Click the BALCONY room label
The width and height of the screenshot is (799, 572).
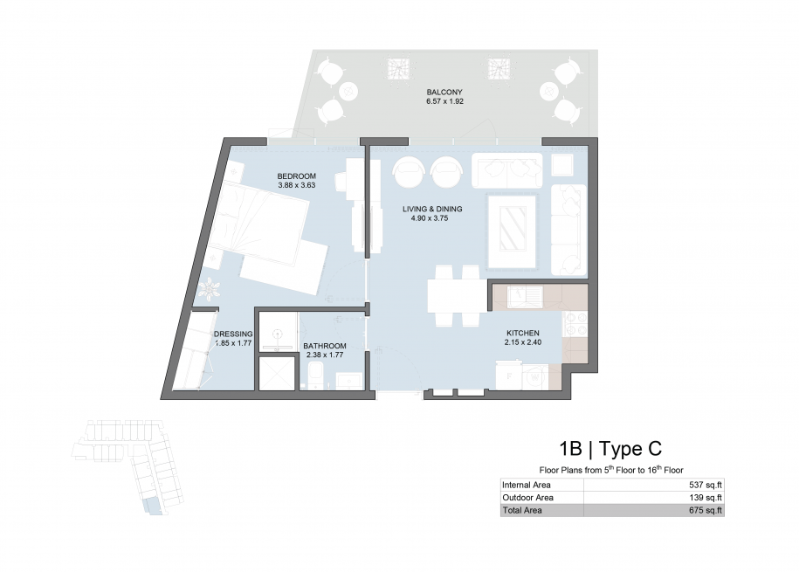pyautogui.click(x=444, y=93)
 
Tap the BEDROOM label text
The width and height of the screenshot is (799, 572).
pyautogui.click(x=297, y=176)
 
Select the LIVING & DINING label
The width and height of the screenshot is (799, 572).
pyautogui.click(x=432, y=209)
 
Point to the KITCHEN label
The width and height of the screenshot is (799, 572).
pyautogui.click(x=523, y=333)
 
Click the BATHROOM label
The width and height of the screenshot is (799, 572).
pyautogui.click(x=325, y=346)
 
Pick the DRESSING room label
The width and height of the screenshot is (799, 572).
pyautogui.click(x=233, y=334)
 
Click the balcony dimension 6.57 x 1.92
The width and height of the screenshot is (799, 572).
pyautogui.click(x=444, y=101)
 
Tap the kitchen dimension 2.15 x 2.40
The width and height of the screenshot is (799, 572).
pyautogui.click(x=523, y=342)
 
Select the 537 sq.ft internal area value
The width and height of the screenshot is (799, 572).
pyautogui.click(x=706, y=486)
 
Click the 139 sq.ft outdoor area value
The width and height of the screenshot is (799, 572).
pyautogui.click(x=706, y=498)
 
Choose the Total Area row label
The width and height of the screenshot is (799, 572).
pyautogui.click(x=522, y=510)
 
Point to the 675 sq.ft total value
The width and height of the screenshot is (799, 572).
pyautogui.click(x=706, y=510)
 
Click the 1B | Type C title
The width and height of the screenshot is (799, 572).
pyautogui.click(x=610, y=449)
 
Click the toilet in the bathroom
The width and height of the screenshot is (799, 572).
pyautogui.click(x=314, y=376)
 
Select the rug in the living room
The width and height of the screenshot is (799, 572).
pyautogui.click(x=512, y=231)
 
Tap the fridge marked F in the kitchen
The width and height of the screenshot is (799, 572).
pyautogui.click(x=508, y=376)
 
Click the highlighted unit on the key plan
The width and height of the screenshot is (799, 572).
pyautogui.click(x=152, y=507)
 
